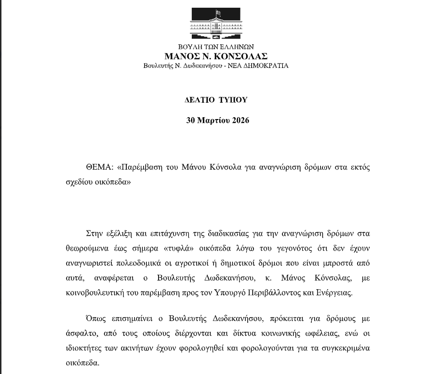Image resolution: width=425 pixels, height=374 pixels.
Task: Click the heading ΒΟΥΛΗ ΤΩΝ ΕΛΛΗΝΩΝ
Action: pyautogui.click(x=215, y=47)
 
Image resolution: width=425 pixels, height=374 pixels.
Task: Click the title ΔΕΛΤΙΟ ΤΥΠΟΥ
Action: pyautogui.click(x=216, y=100)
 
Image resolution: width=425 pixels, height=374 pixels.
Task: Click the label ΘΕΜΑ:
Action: pyautogui.click(x=100, y=168)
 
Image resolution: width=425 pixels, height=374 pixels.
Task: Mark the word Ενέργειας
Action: pyautogui.click(x=335, y=293)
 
